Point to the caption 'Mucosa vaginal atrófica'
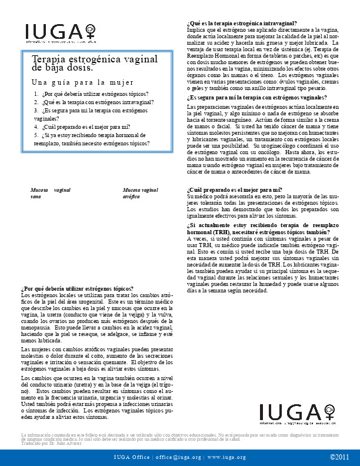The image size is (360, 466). [141, 194]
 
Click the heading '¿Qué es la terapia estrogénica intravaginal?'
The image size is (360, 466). [242, 24]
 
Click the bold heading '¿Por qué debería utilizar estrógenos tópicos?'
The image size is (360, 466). [77, 288]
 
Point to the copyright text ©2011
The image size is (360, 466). [339, 457]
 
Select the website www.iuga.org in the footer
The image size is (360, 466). [226, 457]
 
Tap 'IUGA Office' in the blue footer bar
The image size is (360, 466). [132, 457]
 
